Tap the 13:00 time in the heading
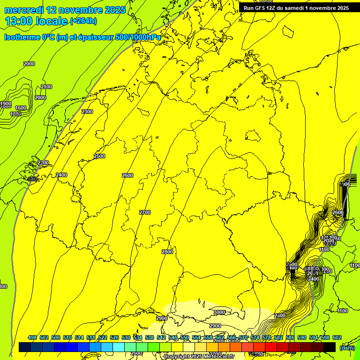pyautogui.click(x=20, y=21)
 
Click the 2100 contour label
pyautogui.click(x=46, y=87)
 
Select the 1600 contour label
pyautogui.click(x=21, y=108)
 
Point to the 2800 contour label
pyautogui.click(x=167, y=252)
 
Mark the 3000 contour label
pyautogui.click(x=219, y=313)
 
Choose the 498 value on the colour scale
pyautogui.click(x=32, y=337)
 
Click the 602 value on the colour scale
pyautogui.click(x=337, y=337)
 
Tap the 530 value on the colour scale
pyautogui.click(x=126, y=337)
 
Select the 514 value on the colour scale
pyautogui.click(x=79, y=337)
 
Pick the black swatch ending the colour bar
pyautogui.click(x=330, y=347)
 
